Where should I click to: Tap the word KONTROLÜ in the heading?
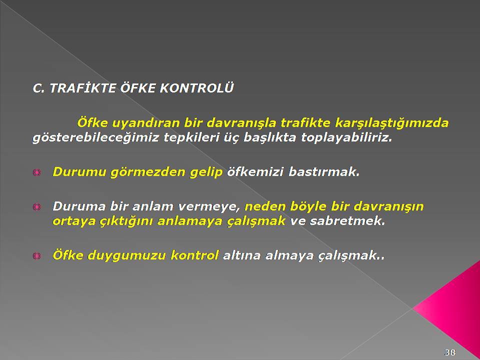(196, 88)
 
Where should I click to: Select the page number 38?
(450, 352)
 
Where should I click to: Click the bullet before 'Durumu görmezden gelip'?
(36, 172)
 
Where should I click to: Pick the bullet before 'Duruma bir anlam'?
(36, 207)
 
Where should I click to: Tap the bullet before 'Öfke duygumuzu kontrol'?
(36, 256)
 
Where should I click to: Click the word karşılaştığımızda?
(392, 123)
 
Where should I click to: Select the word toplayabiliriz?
(346, 138)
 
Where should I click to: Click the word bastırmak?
(324, 171)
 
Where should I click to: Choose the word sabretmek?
(347, 220)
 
